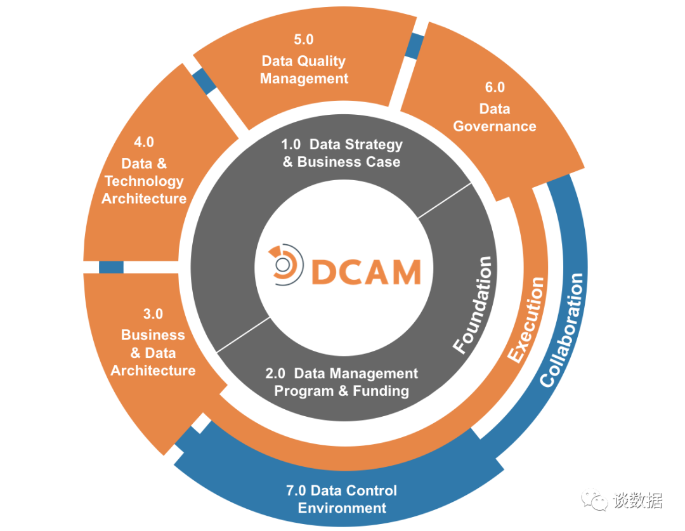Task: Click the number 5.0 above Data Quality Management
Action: [x=304, y=39]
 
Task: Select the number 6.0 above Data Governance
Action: [x=495, y=87]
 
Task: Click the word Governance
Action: [x=495, y=126]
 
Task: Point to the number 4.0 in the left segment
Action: [x=144, y=142]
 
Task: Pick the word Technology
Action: [x=144, y=181]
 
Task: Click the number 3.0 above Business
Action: [x=153, y=314]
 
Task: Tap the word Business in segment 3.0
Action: [x=153, y=335]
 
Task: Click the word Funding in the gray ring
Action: [x=381, y=391]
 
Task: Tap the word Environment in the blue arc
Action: [x=342, y=508]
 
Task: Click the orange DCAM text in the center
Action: [x=366, y=272]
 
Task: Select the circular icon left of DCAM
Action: [x=285, y=265]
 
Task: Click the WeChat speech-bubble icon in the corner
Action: [x=594, y=499]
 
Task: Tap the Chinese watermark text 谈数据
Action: [x=637, y=500]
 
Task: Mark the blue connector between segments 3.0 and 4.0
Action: [x=111, y=267]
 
